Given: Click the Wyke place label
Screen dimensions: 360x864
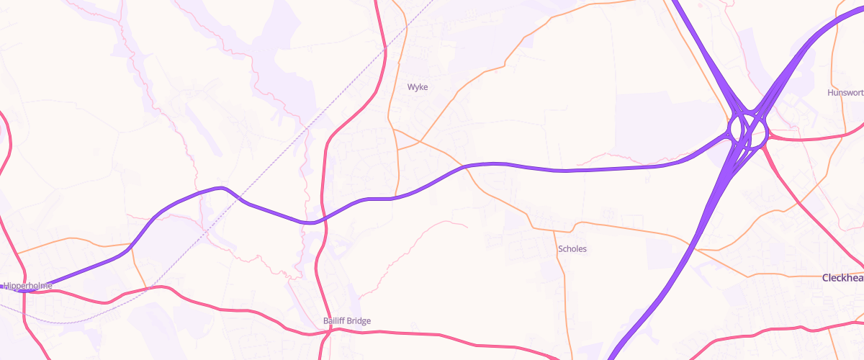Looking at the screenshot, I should click(x=418, y=87).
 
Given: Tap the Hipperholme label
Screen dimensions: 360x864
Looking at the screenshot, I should click(x=28, y=286).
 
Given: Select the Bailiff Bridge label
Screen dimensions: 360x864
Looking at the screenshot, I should click(x=346, y=320).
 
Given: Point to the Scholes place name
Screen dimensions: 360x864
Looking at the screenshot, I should click(x=572, y=249).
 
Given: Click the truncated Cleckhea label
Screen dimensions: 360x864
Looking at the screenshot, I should click(x=842, y=277).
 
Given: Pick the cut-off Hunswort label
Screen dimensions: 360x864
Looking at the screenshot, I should click(x=845, y=93).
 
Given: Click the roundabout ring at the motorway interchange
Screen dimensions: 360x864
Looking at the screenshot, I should click(x=747, y=130).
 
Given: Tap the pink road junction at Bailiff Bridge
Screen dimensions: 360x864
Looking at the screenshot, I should click(x=328, y=331).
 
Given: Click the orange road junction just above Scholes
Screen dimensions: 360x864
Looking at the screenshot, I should click(x=554, y=231).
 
